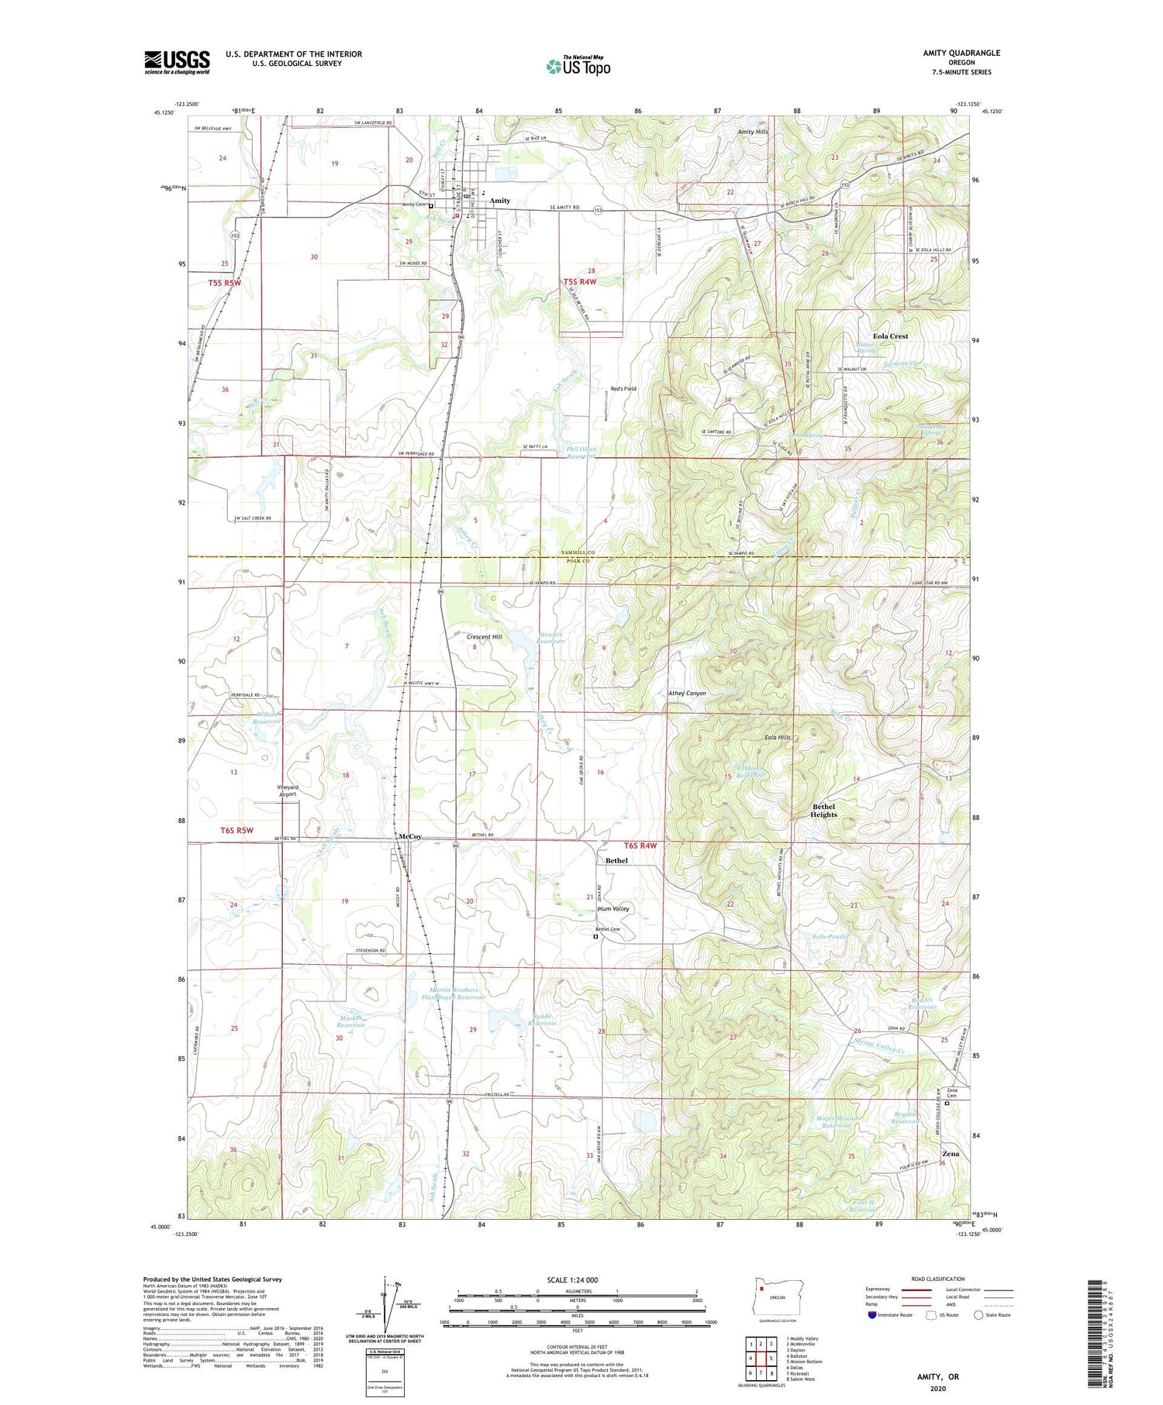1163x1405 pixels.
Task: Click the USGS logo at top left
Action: pos(177,62)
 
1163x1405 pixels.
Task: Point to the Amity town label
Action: pos(500,201)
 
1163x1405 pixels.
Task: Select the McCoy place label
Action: pos(410,837)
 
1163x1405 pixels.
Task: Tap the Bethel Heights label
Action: pos(823,811)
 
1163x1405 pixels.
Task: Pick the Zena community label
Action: pos(950,1154)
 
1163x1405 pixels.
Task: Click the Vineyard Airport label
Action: pos(288,790)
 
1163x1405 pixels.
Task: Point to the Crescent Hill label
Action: pos(485,637)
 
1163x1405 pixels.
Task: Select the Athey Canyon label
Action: pos(687,693)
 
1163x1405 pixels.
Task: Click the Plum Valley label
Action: pos(613,908)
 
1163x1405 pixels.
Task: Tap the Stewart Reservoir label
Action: pos(551,638)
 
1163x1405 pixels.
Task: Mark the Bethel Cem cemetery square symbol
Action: pos(595,937)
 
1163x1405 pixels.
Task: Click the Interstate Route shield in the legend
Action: pos(872,1315)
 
